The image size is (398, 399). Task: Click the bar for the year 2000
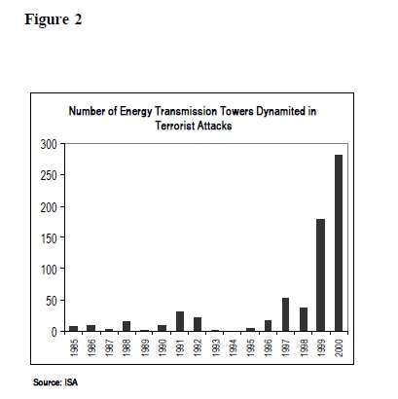point(339,243)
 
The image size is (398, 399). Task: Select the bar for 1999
point(320,275)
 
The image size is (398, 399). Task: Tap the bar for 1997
point(285,314)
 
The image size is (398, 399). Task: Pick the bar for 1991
point(180,321)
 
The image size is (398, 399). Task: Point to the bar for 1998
point(304,319)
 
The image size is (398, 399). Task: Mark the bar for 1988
point(127,326)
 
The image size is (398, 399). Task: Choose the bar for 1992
point(198,324)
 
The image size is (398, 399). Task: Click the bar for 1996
point(268,326)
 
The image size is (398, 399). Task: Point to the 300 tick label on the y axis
point(49,144)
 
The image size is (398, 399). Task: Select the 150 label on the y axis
point(49,238)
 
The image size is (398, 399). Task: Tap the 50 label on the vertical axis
point(52,301)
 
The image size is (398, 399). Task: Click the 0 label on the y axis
point(54,332)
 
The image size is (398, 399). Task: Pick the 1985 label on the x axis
point(74,347)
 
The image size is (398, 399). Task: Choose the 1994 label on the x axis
point(233,347)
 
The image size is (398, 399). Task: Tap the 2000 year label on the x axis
point(339,347)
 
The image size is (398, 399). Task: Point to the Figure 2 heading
point(54,19)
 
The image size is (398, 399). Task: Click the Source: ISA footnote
point(55,382)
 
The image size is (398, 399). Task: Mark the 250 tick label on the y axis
point(49,175)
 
